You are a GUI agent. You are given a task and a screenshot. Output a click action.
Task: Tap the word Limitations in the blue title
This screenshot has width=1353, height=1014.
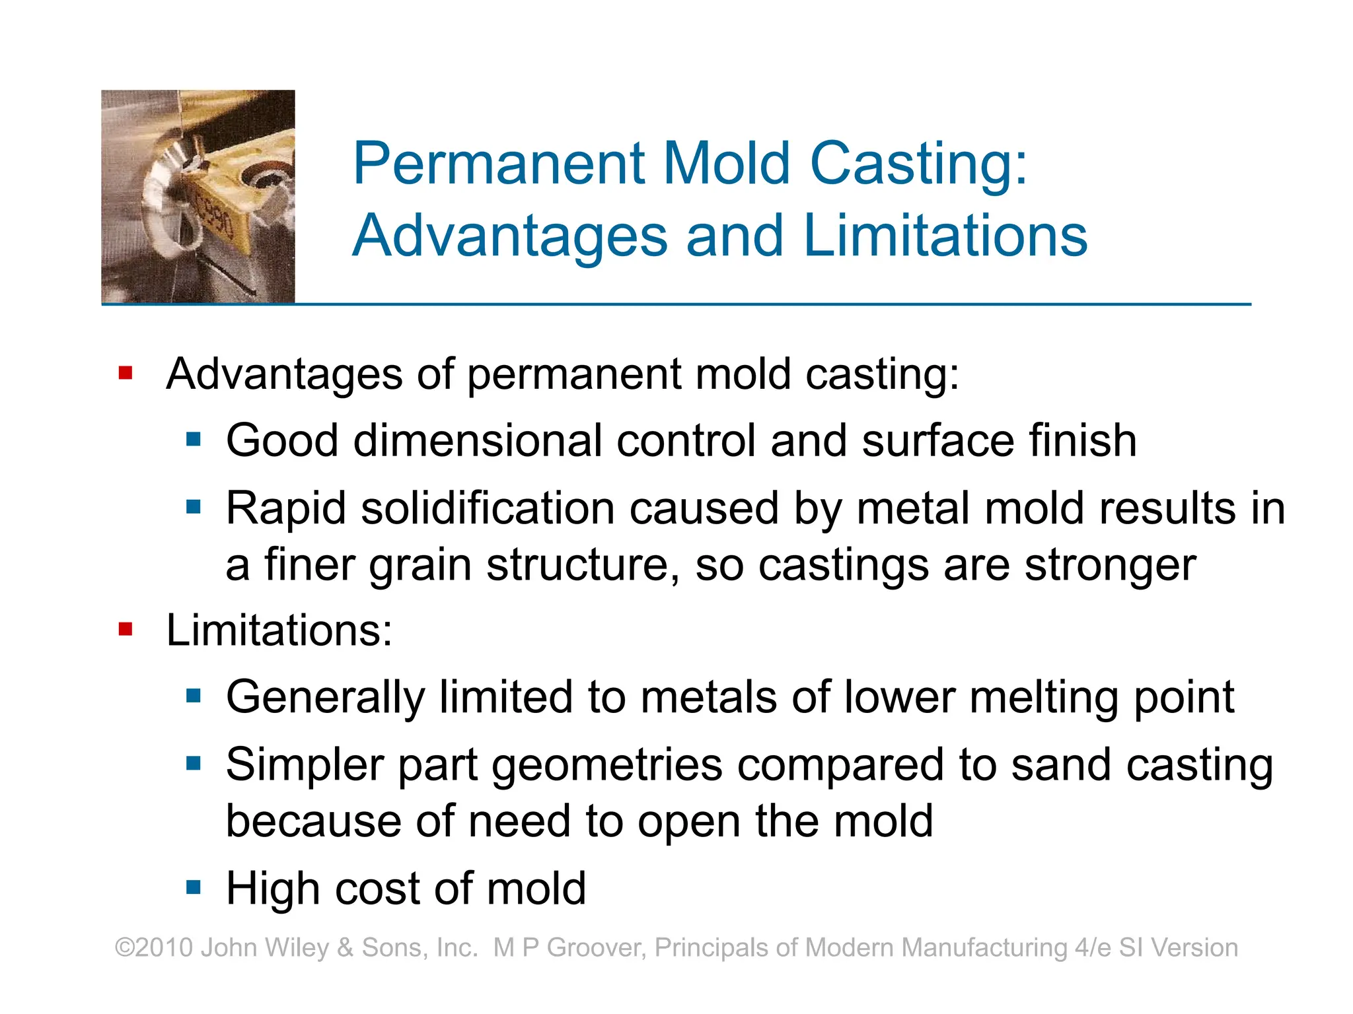pos(945,236)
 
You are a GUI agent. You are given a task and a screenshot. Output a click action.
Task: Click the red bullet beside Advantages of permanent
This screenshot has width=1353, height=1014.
pos(126,374)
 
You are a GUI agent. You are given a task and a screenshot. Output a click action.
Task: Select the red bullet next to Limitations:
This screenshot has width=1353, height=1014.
pos(126,630)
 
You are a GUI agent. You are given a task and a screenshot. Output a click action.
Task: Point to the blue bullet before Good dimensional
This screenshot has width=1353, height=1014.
pos(194,439)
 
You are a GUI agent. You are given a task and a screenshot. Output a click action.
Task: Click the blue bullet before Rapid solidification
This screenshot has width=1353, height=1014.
pos(194,507)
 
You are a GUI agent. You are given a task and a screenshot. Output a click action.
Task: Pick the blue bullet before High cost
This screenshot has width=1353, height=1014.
pos(194,887)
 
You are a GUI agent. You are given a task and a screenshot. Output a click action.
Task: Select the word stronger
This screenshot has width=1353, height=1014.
pos(1110,565)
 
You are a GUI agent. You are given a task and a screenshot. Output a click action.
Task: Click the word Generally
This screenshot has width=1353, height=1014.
pos(326,698)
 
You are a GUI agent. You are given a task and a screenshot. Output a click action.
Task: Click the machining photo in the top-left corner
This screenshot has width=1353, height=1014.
pos(198,196)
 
